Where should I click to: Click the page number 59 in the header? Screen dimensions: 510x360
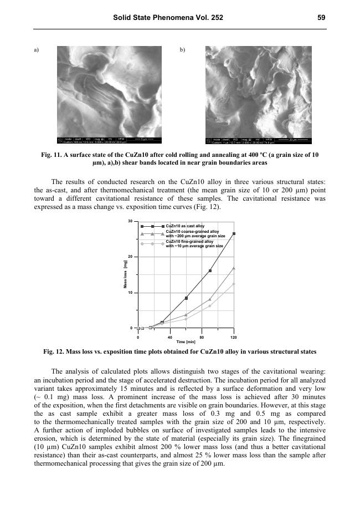321,18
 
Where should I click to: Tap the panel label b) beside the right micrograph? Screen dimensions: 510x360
183,50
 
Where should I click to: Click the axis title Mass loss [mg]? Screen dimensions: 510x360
125,274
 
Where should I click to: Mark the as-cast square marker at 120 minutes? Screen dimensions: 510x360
234,234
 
